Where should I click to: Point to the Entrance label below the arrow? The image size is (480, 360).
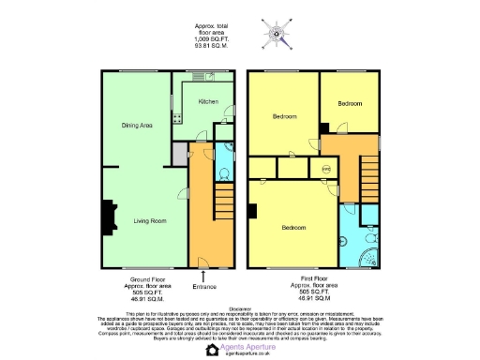pos(204,286)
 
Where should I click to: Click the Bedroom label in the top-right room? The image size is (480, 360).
pos(351,103)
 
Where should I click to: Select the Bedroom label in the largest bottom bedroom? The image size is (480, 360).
pos(294,227)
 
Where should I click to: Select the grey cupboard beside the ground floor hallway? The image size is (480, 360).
pos(180,153)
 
